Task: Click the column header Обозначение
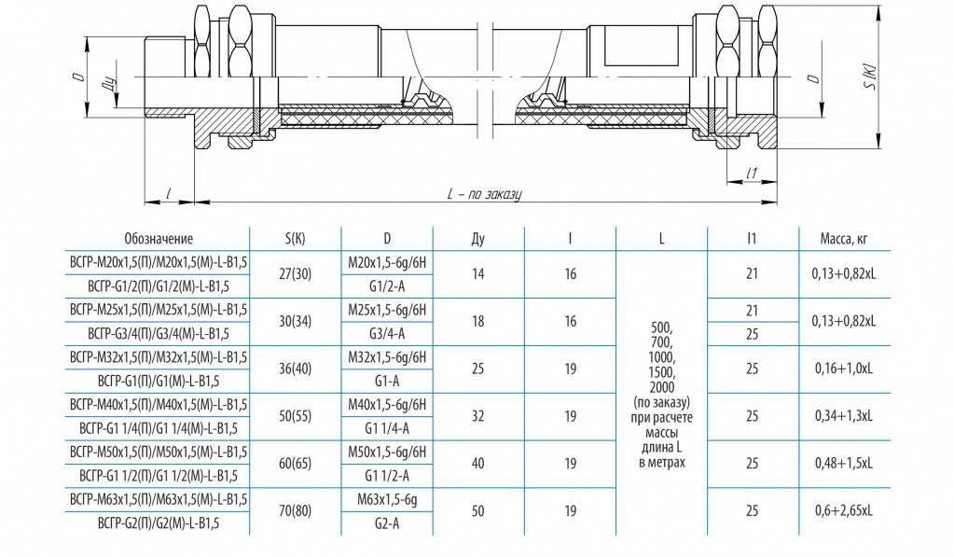(x=159, y=239)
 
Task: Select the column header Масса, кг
(x=844, y=239)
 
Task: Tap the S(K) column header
(x=295, y=239)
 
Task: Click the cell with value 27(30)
(x=295, y=274)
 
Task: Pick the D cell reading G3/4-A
(x=387, y=334)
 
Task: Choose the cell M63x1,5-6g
(x=387, y=500)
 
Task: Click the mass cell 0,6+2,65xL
(x=844, y=510)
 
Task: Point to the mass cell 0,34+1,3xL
(x=844, y=416)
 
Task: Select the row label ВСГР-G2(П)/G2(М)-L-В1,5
(x=159, y=523)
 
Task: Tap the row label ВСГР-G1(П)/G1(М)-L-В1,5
(x=159, y=381)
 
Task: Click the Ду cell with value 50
(x=478, y=510)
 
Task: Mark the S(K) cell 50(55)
(x=295, y=416)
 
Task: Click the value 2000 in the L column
(x=661, y=387)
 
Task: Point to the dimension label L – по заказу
(x=484, y=194)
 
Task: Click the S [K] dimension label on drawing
(x=870, y=77)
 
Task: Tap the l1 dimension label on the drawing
(x=752, y=174)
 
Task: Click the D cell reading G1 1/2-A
(x=387, y=476)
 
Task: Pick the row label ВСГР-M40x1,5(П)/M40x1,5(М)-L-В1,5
(x=159, y=405)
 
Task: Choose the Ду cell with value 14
(x=478, y=274)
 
